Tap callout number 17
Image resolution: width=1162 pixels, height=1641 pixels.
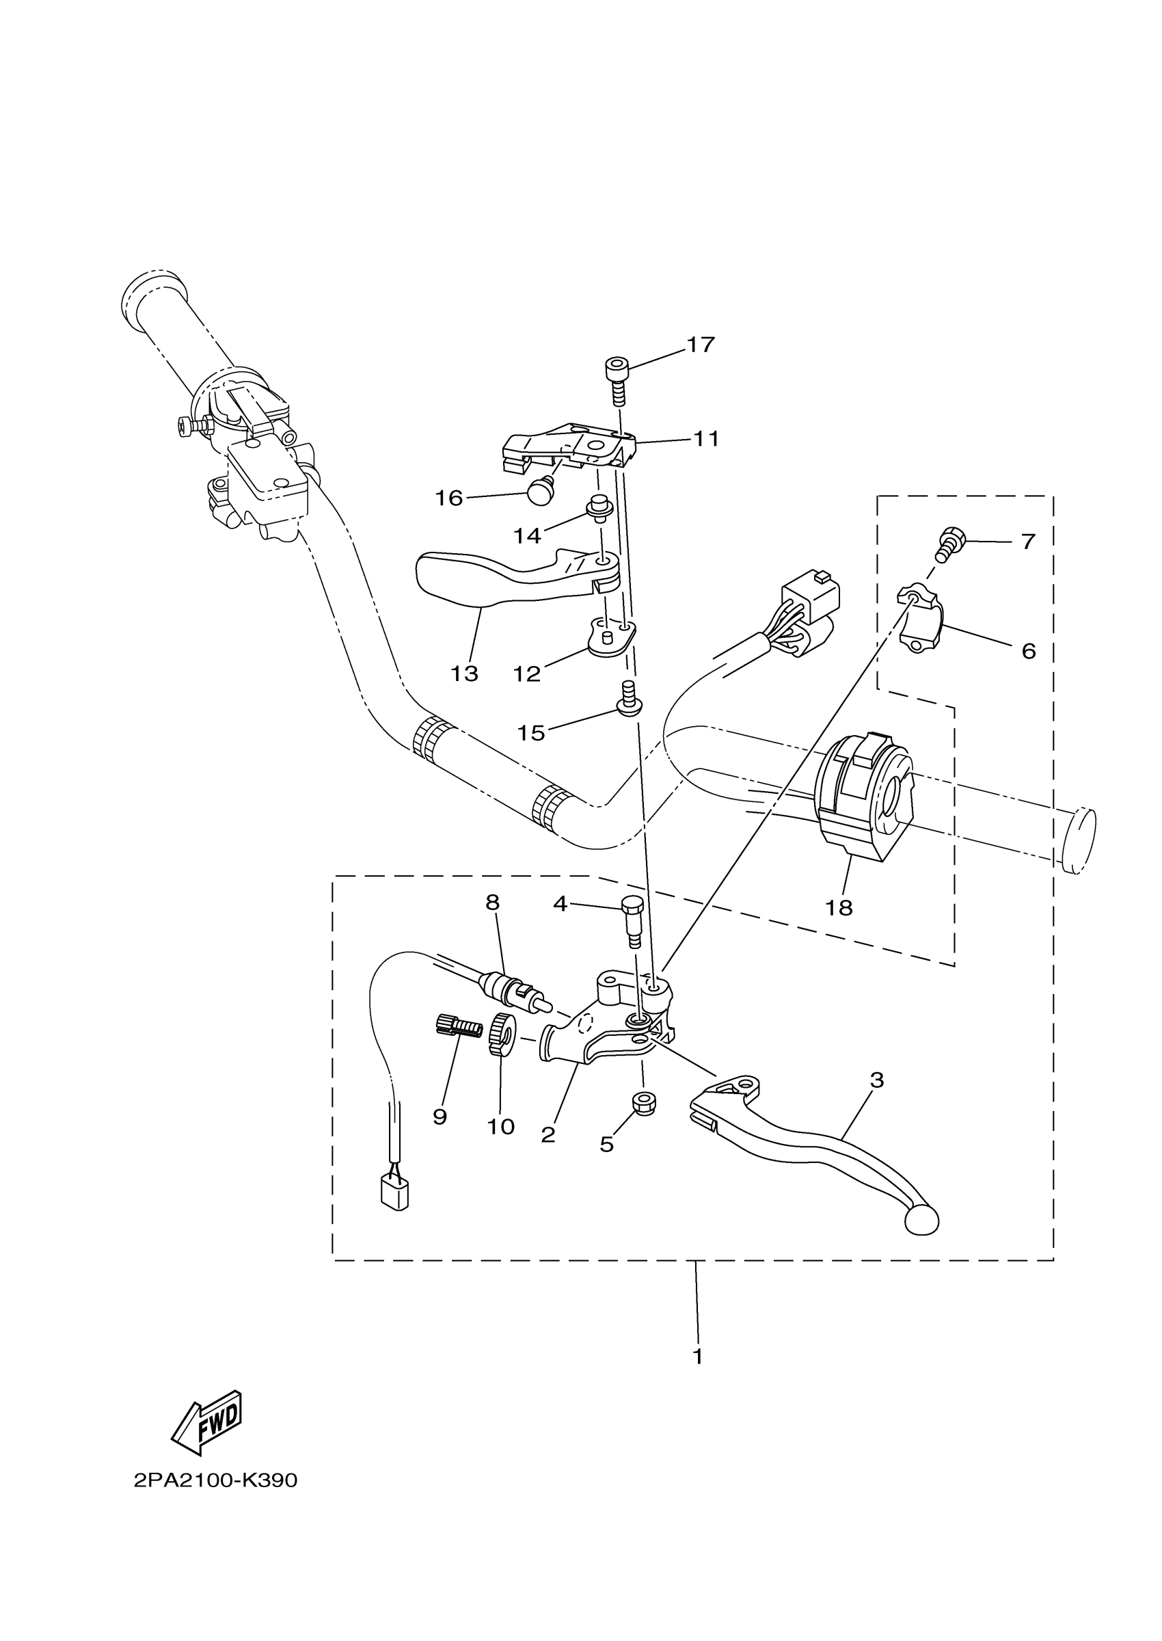701,345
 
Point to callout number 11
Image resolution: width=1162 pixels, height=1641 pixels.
706,439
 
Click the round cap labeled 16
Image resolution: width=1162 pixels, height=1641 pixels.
540,492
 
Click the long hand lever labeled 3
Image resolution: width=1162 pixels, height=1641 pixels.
823,1141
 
